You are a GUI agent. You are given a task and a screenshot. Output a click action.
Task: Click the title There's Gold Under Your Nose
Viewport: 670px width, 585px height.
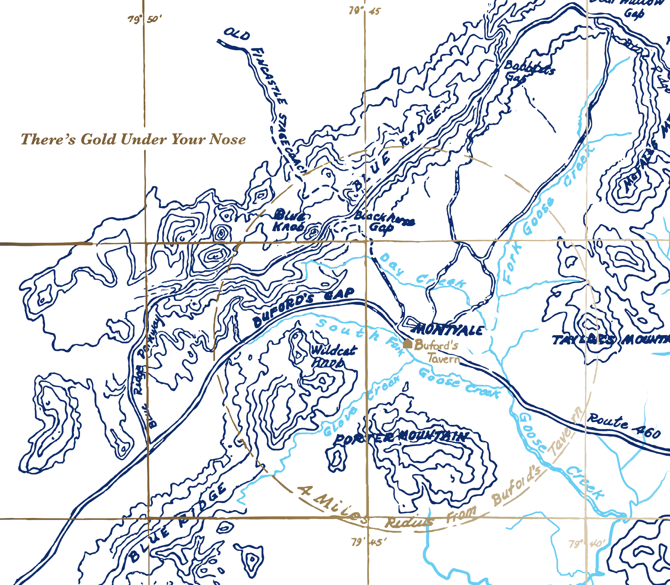point(133,139)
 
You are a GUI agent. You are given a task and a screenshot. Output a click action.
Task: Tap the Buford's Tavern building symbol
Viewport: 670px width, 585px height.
point(408,344)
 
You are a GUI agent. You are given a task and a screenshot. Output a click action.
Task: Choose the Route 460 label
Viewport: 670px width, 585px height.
point(623,426)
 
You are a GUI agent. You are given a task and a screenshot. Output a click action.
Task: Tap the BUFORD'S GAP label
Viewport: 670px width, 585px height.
point(303,307)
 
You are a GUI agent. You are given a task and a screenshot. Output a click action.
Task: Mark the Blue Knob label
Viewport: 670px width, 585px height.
point(289,220)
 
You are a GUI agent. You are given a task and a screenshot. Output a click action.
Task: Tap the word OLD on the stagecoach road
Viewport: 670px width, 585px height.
point(237,35)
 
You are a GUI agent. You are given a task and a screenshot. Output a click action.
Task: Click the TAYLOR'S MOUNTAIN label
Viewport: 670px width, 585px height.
point(610,340)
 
